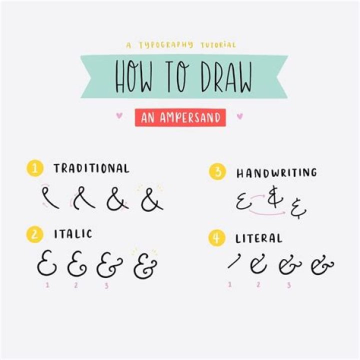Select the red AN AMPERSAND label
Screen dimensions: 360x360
click(x=180, y=118)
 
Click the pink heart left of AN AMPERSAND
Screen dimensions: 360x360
click(x=119, y=116)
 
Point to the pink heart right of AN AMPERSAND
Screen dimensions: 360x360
click(x=239, y=116)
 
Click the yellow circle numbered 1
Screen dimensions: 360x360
click(x=34, y=168)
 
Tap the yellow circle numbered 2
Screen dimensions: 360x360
click(x=34, y=234)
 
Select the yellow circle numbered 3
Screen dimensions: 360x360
click(x=216, y=173)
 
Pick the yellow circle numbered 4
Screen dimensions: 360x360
click(x=216, y=238)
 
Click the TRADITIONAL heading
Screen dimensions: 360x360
click(x=91, y=168)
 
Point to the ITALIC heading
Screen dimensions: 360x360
click(x=73, y=234)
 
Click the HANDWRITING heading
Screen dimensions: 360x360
click(x=276, y=173)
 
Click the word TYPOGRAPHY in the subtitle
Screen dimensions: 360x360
click(x=165, y=45)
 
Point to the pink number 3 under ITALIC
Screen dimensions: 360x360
click(x=106, y=286)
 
